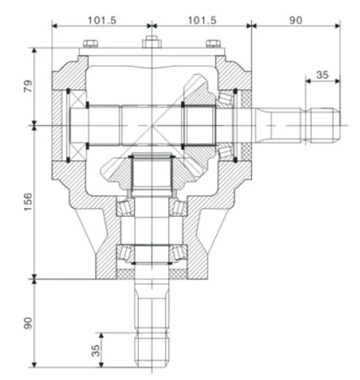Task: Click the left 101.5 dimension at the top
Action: tap(102, 20)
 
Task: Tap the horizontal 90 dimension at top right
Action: tap(295, 20)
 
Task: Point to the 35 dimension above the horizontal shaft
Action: tap(323, 75)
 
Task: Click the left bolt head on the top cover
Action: tap(91, 43)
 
